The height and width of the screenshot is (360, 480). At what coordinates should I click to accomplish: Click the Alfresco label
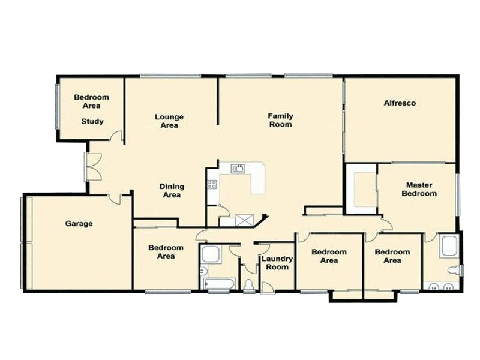pos(400,103)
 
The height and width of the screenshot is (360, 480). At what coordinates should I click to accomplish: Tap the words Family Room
pos(280,120)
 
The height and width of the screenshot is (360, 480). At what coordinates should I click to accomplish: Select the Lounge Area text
pos(169,121)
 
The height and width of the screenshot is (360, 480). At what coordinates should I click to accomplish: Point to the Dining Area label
pos(171,191)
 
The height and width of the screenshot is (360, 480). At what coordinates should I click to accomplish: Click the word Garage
pos(79,224)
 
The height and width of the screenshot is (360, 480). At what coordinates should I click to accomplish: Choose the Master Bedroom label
pos(419,190)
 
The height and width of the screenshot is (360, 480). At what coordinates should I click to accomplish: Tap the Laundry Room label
pos(277,263)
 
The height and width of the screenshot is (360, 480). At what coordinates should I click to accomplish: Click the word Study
pos(92,121)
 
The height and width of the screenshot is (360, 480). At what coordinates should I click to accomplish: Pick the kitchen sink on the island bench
pos(238,169)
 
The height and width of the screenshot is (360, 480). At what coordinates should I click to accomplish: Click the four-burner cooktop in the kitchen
pos(212,184)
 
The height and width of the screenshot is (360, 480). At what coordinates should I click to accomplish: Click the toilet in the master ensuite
pos(458,271)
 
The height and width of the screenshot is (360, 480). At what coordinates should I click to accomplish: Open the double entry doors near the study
pos(92,167)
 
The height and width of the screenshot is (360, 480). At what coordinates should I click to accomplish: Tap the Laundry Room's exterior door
pos(268,287)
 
